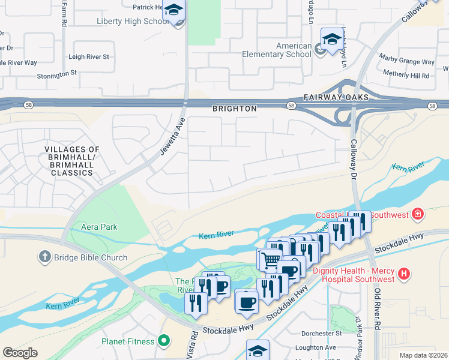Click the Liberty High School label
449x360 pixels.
[133, 22]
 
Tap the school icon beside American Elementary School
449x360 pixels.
[331, 40]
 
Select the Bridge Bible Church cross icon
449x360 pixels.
[44, 257]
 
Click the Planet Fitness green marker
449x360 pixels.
[164, 341]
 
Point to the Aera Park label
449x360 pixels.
[95, 227]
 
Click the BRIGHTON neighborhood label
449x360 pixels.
[234, 109]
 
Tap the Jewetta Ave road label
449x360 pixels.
[172, 137]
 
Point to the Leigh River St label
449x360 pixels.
[89, 57]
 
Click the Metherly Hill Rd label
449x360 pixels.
[408, 76]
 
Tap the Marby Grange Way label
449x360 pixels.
[406, 62]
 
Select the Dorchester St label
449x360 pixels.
[322, 333]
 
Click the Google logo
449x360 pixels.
[19, 353]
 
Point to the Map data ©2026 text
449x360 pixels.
[423, 355]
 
